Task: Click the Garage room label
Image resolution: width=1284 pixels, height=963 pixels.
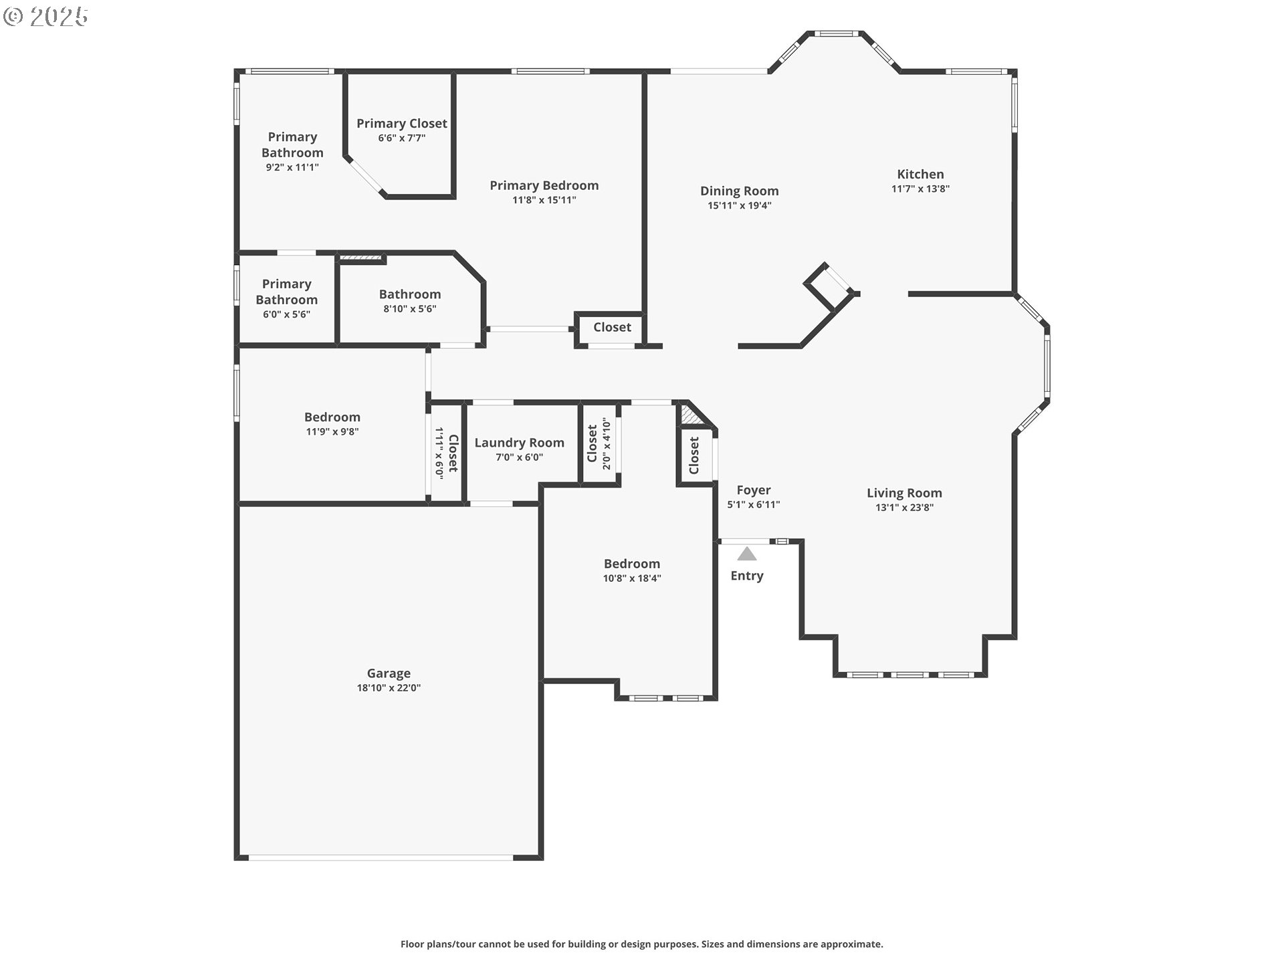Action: pyautogui.click(x=389, y=673)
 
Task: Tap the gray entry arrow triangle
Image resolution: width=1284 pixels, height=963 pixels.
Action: pyautogui.click(x=747, y=554)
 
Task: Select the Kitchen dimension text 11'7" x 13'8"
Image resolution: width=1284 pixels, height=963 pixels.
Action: pyautogui.click(x=920, y=189)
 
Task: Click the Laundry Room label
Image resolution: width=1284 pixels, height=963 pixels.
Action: pyautogui.click(x=519, y=443)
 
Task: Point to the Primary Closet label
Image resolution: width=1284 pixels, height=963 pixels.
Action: pyautogui.click(x=401, y=124)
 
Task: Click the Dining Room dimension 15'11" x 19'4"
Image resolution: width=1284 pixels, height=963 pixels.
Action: pyautogui.click(x=740, y=206)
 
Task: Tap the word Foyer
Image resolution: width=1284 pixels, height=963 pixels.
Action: pyautogui.click(x=754, y=490)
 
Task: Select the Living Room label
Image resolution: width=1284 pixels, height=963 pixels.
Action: pyautogui.click(x=904, y=494)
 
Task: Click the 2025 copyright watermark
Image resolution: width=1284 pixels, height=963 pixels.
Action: pyautogui.click(x=47, y=17)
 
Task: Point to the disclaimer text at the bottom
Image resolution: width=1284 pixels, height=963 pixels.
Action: pyautogui.click(x=641, y=944)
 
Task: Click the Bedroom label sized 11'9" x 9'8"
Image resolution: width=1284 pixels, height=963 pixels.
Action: pyautogui.click(x=332, y=417)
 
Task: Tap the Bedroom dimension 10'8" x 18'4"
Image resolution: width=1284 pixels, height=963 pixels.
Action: pyautogui.click(x=632, y=578)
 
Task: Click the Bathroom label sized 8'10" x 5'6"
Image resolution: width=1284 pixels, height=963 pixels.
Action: pyautogui.click(x=410, y=294)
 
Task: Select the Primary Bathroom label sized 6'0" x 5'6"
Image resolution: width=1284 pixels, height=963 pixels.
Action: pyautogui.click(x=286, y=292)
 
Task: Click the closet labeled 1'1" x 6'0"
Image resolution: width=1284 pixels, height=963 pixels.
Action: pyautogui.click(x=446, y=453)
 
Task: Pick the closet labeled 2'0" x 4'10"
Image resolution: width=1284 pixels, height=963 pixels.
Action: pyautogui.click(x=599, y=443)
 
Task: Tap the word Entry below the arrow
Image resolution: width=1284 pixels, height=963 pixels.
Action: pyautogui.click(x=747, y=576)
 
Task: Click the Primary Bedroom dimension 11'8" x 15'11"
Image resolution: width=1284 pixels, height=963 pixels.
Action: pyautogui.click(x=544, y=200)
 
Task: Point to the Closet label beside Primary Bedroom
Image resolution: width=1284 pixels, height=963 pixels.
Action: pyautogui.click(x=612, y=327)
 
